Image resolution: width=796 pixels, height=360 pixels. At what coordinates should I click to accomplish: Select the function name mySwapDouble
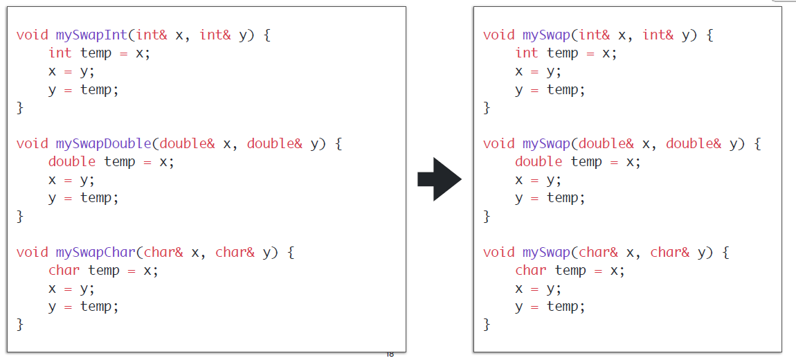pyautogui.click(x=103, y=143)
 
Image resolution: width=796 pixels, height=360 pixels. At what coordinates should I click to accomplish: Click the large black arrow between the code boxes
pyautogui.click(x=439, y=179)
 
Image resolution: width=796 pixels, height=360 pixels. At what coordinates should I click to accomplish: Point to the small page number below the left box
pyautogui.click(x=390, y=354)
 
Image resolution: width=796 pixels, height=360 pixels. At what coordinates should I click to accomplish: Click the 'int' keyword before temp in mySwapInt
pyautogui.click(x=60, y=53)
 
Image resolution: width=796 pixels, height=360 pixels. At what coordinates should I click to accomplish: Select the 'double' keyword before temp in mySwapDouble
pyautogui.click(x=72, y=161)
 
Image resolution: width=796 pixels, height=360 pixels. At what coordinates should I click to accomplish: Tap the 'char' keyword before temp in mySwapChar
pyautogui.click(x=64, y=270)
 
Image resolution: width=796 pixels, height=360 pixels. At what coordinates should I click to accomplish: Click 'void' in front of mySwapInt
pyautogui.click(x=32, y=35)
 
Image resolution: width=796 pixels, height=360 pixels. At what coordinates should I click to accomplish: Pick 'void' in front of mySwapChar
pyautogui.click(x=32, y=252)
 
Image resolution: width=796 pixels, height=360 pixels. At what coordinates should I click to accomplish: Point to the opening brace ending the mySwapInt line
pyautogui.click(x=267, y=35)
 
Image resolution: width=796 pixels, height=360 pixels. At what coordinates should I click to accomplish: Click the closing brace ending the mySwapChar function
pyautogui.click(x=20, y=324)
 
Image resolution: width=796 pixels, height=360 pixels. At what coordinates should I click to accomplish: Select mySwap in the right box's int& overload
pyautogui.click(x=546, y=35)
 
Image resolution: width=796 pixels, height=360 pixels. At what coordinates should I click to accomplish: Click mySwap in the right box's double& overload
pyautogui.click(x=546, y=143)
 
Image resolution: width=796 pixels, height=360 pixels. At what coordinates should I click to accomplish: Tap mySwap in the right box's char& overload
pyautogui.click(x=546, y=252)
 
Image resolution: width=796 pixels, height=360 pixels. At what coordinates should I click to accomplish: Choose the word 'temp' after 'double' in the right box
pyautogui.click(x=586, y=161)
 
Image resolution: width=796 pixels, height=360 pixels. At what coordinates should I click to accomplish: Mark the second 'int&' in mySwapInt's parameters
pyautogui.click(x=215, y=35)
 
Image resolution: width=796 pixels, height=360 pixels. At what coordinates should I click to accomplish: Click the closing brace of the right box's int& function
pyautogui.click(x=487, y=107)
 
